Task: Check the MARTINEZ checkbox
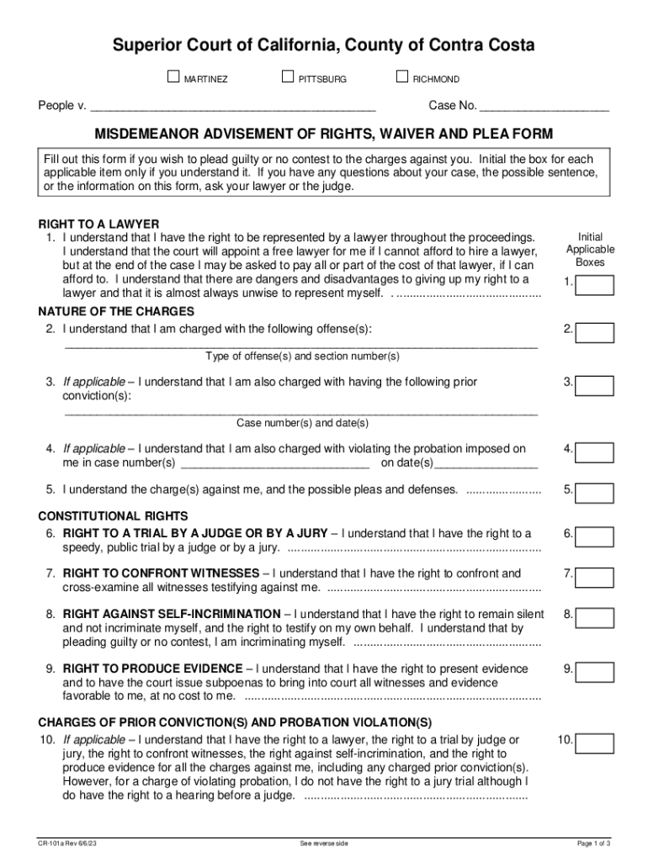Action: pos(174,78)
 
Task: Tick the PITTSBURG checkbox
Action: pos(288,78)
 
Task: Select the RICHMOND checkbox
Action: pos(401,78)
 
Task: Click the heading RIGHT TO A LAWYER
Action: pos(99,224)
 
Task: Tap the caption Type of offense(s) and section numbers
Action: pos(302,357)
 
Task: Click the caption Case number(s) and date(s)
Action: pos(302,423)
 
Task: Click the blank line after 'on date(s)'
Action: pos(486,463)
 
